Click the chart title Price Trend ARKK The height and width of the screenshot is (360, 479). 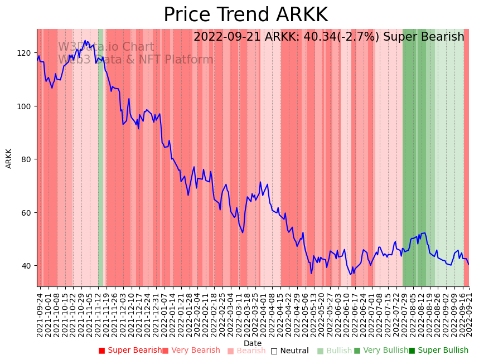pos(245,14)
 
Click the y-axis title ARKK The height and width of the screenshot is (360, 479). pos(9,158)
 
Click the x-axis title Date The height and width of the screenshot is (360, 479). pos(253,343)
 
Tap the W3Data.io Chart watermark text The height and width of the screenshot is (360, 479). pos(106,47)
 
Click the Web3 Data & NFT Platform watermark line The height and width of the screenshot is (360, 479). pos(136,60)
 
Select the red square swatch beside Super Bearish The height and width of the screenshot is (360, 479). pos(101,351)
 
